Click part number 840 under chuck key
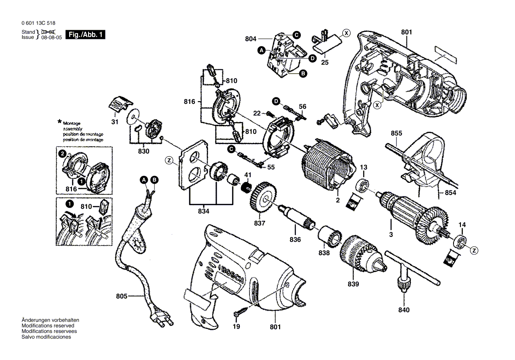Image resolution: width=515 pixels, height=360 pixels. pos(404,310)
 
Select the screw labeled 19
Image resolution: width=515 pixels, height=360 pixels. pos(240,312)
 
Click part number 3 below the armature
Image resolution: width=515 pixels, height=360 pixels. pos(391,235)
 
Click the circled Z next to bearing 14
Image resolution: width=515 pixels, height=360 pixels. pos(474,250)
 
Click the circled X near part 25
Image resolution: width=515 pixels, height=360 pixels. pos(346,32)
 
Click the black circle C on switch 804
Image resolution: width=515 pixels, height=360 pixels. pos(296,34)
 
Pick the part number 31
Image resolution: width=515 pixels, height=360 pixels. pos(114,122)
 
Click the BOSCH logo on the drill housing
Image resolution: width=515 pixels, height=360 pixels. pos(228,275)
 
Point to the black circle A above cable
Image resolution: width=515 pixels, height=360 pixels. pos(143,180)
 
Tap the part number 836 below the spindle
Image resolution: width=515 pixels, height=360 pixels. pos(295,239)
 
